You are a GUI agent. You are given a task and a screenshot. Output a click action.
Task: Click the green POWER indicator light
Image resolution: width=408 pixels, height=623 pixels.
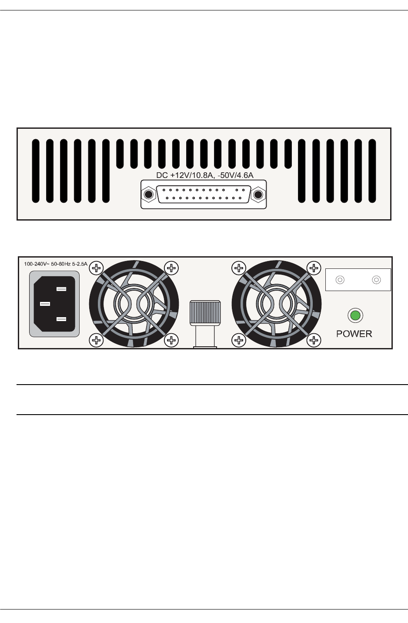tap(355, 315)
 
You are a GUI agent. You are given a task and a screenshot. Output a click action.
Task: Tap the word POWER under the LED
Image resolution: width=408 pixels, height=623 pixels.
tap(354, 334)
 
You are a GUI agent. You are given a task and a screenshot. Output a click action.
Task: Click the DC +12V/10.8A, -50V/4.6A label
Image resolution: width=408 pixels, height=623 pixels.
tap(204, 175)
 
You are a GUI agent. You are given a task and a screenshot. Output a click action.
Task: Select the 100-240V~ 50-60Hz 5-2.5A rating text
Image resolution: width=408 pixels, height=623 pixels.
tap(56, 264)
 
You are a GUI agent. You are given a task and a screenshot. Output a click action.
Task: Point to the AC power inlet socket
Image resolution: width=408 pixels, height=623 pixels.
tap(54, 304)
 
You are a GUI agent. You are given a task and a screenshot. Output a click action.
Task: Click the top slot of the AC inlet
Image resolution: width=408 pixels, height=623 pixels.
tap(61, 289)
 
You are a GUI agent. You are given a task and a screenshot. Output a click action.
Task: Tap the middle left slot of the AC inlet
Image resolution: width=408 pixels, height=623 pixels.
tap(45, 304)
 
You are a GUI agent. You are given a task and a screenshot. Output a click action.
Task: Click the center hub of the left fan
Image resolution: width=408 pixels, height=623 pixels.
tap(134, 303)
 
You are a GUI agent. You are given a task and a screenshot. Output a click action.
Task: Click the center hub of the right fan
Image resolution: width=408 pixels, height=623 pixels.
tap(277, 303)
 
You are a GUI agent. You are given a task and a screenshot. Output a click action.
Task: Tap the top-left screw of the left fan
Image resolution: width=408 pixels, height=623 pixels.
tap(96, 268)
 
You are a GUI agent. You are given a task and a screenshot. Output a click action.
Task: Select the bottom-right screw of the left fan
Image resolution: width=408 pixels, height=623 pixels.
tap(172, 340)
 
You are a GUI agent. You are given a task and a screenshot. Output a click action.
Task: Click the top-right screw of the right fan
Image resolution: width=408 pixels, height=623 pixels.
tap(314, 268)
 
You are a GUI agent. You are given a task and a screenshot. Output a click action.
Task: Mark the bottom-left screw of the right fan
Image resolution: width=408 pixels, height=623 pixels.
tap(239, 340)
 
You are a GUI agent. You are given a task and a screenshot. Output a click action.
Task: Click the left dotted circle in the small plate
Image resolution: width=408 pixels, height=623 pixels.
tap(341, 280)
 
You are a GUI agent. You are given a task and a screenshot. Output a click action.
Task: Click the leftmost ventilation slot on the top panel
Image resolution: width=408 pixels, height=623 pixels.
tap(36, 171)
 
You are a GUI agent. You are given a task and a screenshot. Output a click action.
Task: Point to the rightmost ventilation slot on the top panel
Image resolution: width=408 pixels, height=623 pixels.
tap(372, 171)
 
